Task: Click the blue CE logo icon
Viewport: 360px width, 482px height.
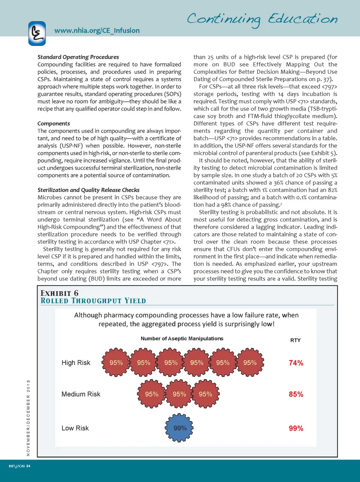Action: tap(37, 33)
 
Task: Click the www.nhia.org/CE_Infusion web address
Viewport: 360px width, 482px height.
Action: tap(97, 30)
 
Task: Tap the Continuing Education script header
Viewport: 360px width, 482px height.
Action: tap(262, 19)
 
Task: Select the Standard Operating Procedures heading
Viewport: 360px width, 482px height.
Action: tap(78, 57)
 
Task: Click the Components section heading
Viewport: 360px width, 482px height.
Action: tap(54, 124)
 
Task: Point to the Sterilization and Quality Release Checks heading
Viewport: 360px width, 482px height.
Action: tap(88, 190)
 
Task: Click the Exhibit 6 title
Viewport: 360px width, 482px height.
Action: tap(59, 293)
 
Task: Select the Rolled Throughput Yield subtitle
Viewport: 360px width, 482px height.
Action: tap(93, 301)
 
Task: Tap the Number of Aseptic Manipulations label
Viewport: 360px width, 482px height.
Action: tap(182, 339)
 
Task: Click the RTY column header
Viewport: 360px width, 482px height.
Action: tap(295, 340)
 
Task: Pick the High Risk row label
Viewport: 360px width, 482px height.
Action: tap(76, 363)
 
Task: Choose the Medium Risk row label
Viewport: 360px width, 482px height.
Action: tap(81, 394)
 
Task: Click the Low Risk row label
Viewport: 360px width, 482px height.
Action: tap(75, 428)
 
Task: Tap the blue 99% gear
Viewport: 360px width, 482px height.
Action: tap(180, 428)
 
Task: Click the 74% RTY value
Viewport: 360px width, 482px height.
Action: tap(296, 363)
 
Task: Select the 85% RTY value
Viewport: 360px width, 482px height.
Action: tap(296, 395)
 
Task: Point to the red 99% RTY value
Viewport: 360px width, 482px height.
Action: tap(296, 429)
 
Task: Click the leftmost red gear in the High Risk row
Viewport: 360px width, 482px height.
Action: tap(116, 363)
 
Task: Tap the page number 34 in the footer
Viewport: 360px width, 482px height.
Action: tap(28, 466)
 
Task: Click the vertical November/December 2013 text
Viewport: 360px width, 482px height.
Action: tap(28, 418)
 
